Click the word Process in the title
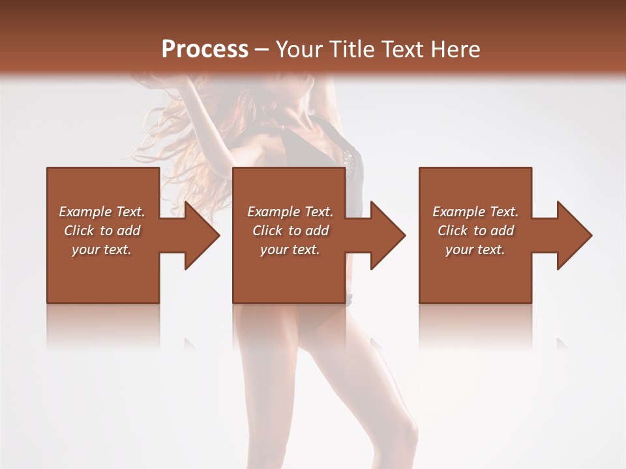click(x=205, y=50)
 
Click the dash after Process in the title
click(x=262, y=50)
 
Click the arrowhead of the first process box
click(x=202, y=235)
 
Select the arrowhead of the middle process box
click(x=388, y=235)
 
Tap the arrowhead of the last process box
click(x=574, y=235)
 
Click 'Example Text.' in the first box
click(x=102, y=212)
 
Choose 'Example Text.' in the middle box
click(x=290, y=212)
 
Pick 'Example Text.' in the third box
click(x=475, y=212)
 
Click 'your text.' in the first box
click(x=102, y=249)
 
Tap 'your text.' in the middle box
click(x=290, y=249)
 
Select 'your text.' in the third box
click(x=475, y=249)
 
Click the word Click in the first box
click(x=79, y=231)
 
